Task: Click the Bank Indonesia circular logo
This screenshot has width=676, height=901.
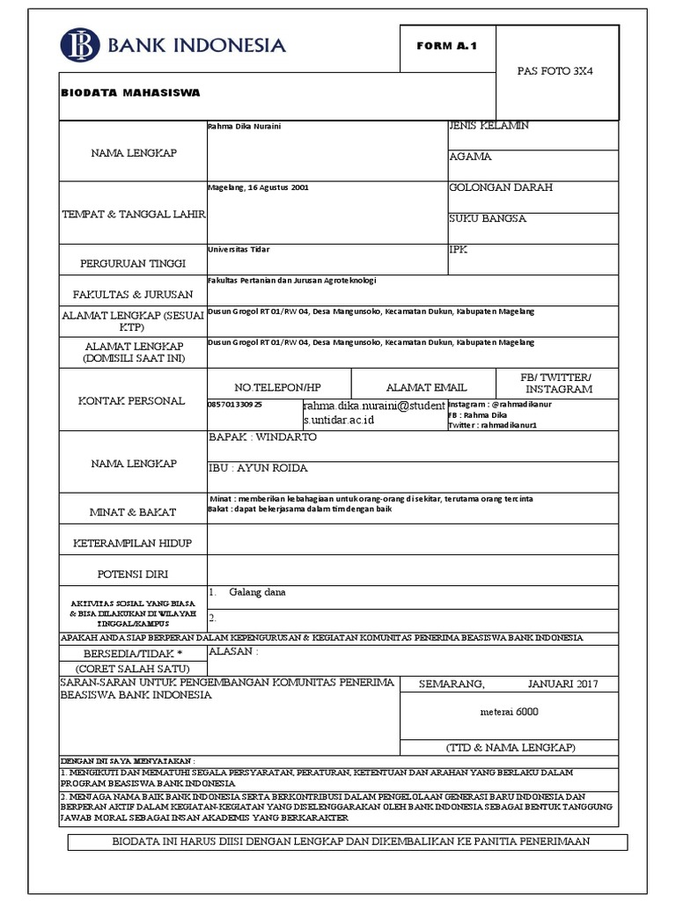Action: (x=81, y=46)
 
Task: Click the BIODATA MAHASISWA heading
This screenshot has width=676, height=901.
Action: (x=130, y=92)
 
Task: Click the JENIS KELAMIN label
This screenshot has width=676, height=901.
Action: (x=489, y=127)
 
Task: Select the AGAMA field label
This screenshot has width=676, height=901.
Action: (x=470, y=157)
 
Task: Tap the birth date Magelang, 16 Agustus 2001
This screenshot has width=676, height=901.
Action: (x=258, y=187)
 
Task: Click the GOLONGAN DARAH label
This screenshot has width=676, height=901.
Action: (x=501, y=187)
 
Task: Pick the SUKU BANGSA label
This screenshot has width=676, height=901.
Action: (x=488, y=218)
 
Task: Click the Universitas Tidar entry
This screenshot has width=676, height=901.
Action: (x=239, y=249)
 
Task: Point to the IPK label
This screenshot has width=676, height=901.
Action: (x=459, y=249)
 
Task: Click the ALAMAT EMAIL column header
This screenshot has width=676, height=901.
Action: (x=427, y=387)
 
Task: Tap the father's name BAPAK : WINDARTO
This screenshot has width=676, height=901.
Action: (x=261, y=437)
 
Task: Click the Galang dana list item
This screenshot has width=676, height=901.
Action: (x=257, y=592)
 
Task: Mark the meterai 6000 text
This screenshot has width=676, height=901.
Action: (x=509, y=711)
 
